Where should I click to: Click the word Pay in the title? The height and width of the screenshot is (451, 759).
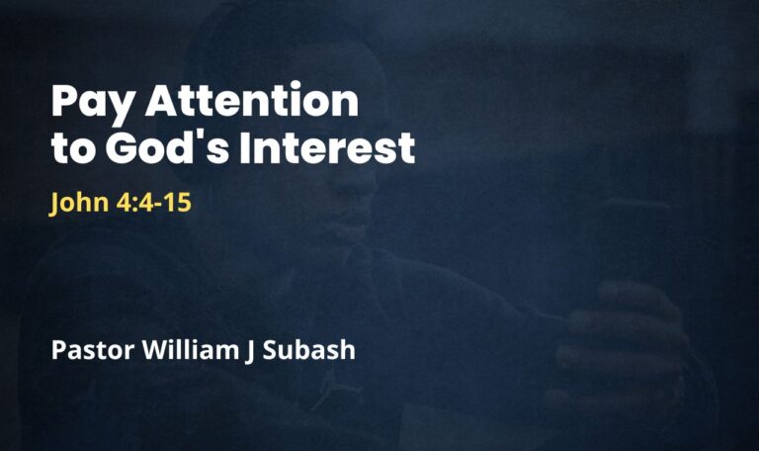(92, 103)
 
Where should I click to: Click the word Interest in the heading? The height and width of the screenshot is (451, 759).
(328, 146)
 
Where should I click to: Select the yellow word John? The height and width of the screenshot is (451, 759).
(79, 203)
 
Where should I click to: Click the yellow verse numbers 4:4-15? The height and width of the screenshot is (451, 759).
(154, 203)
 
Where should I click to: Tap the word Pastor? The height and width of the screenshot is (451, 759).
(93, 350)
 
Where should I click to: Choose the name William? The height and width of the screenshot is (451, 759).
(191, 349)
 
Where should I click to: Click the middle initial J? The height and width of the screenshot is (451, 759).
(250, 352)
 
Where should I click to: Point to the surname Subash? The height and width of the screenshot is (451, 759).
(309, 349)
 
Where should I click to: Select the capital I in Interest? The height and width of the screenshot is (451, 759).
(245, 146)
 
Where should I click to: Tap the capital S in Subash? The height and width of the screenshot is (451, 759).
(270, 350)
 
